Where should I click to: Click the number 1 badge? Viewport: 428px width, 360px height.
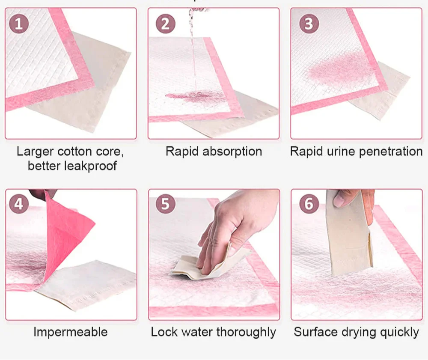(19, 24)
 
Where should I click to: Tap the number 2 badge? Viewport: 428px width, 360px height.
(165, 24)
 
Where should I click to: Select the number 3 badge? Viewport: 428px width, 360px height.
(309, 24)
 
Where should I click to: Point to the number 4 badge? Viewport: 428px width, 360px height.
(19, 204)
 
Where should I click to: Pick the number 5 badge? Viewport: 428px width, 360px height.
(165, 204)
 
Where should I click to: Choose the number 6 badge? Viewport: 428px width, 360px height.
(309, 204)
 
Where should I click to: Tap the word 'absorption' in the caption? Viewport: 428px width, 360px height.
(232, 152)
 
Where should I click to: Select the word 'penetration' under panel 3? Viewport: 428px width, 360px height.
(391, 152)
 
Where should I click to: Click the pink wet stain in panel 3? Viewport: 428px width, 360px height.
(341, 71)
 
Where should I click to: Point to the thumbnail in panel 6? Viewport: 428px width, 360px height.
(339, 202)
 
